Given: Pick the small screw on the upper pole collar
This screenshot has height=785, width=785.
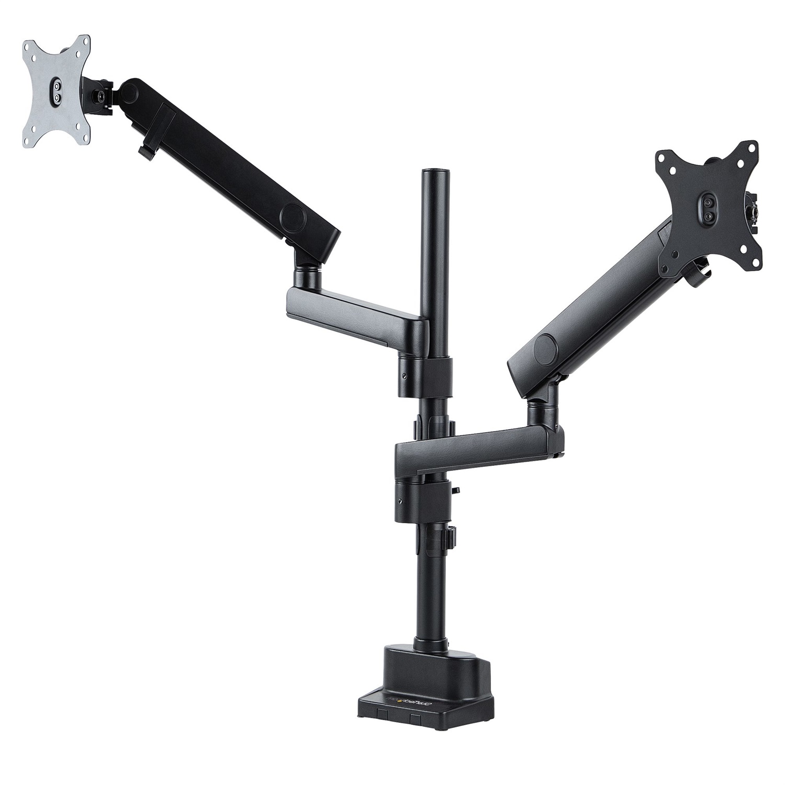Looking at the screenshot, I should (403, 376).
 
